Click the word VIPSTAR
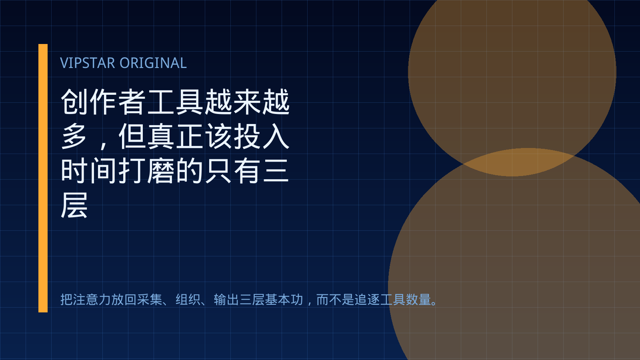[x=88, y=63]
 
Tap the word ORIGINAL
[x=153, y=63]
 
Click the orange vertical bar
[x=43, y=178]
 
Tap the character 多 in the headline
[x=74, y=136]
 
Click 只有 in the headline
[x=232, y=171]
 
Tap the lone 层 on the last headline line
[x=74, y=205]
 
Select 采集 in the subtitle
[x=150, y=300]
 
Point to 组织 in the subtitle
[x=188, y=300]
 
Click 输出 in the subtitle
[x=226, y=300]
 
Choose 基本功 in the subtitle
[x=284, y=300]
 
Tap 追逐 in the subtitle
[x=367, y=300]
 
